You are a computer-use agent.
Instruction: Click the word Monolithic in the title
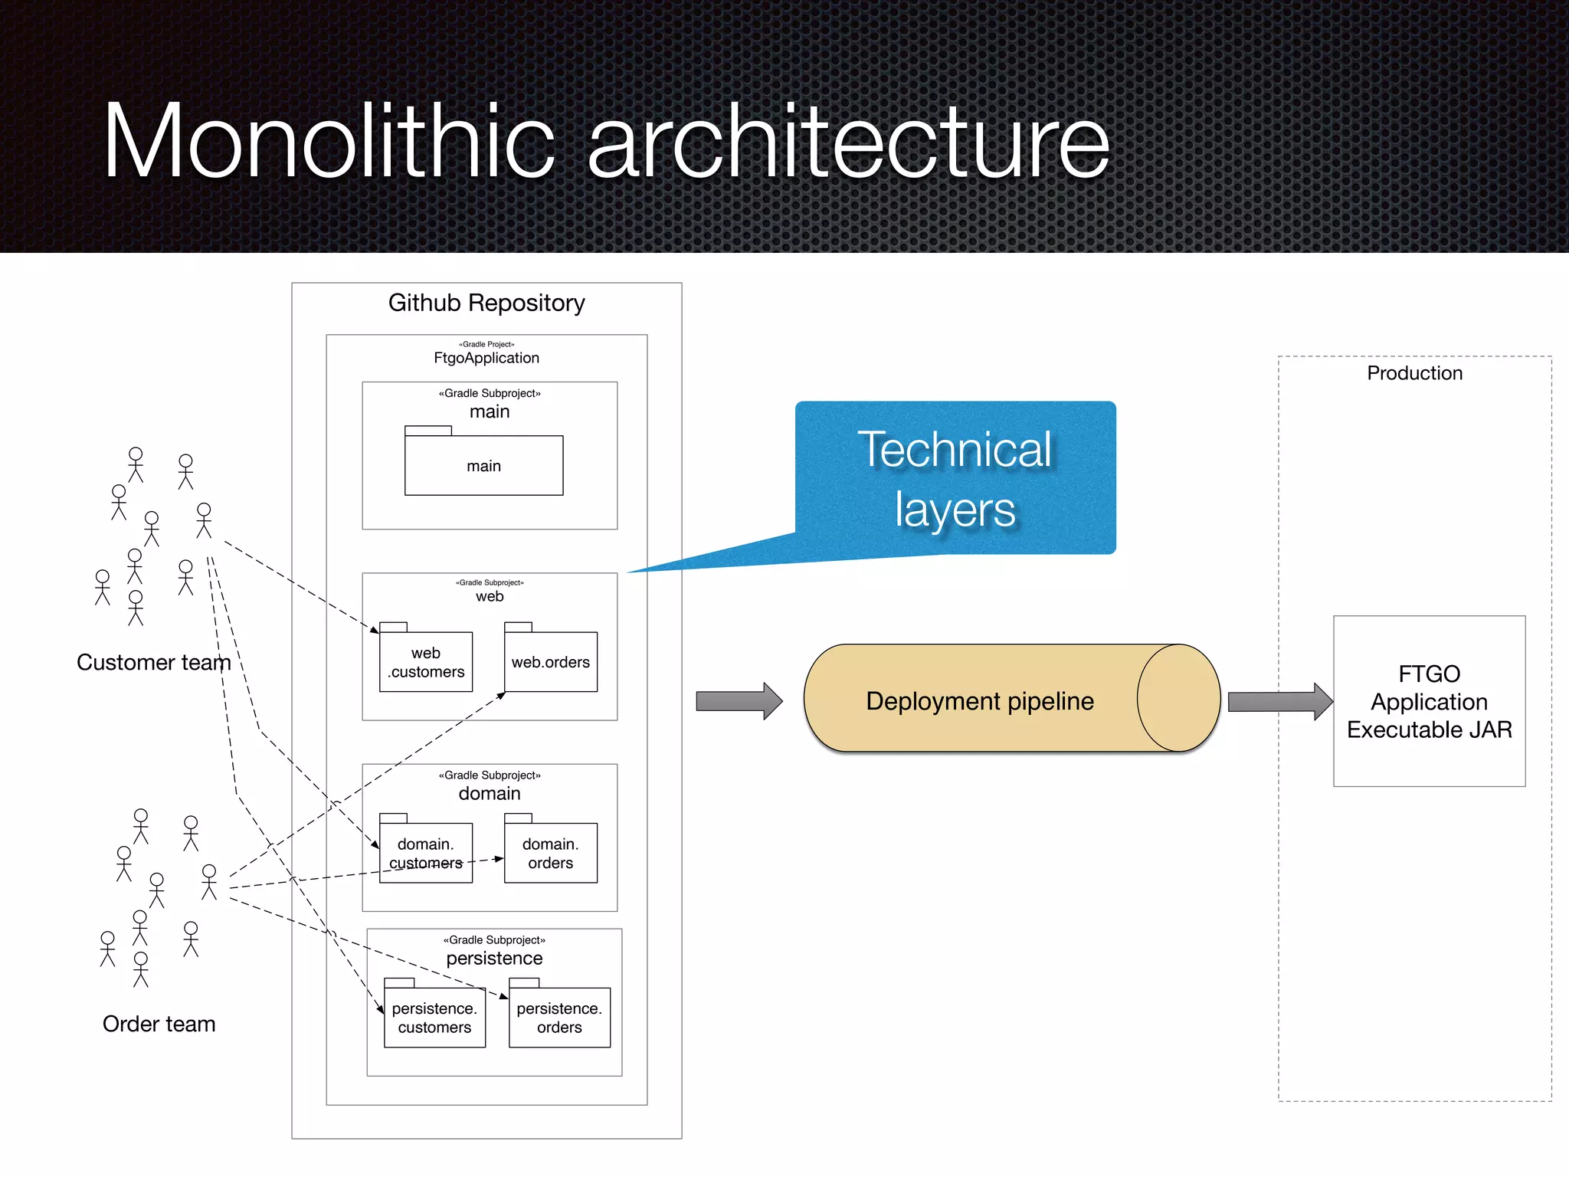[329, 142]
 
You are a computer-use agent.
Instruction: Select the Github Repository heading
[486, 303]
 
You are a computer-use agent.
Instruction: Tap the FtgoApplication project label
[486, 358]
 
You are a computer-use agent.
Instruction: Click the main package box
[483, 465]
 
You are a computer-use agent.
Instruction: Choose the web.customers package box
[426, 662]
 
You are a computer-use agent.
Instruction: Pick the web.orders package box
[550, 662]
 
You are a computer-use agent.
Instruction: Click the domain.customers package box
[426, 853]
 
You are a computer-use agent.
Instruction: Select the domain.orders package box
[550, 853]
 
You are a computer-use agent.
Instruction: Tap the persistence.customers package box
[434, 1018]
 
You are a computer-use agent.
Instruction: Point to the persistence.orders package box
[559, 1018]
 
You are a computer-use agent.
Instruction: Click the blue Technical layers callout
[955, 478]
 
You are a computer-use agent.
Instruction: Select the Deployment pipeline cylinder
[981, 700]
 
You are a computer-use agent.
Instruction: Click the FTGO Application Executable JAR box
[1429, 701]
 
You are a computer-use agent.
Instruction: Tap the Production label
[1414, 373]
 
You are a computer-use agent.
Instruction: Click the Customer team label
[153, 662]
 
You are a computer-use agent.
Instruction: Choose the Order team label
[159, 1024]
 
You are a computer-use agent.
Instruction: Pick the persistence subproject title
[494, 958]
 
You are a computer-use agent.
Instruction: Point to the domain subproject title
[489, 793]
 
